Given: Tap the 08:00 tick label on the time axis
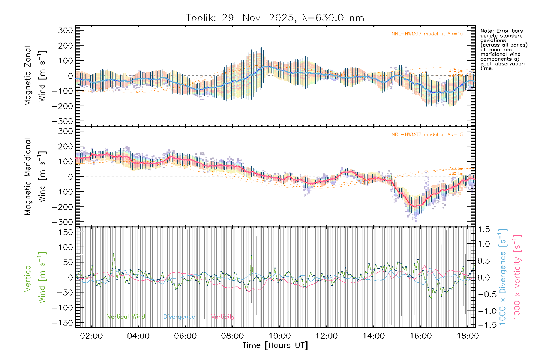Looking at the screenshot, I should coord(232,336).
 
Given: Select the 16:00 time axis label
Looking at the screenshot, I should coord(420,336).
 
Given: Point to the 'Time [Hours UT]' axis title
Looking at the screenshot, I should coord(275,346).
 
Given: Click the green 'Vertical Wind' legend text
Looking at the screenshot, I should coord(126,317).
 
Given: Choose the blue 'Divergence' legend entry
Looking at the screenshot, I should coord(179,317).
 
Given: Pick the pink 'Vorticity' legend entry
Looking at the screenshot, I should coord(223,317).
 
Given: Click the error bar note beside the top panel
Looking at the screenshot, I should coord(503,49).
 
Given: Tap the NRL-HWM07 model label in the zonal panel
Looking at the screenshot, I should coord(427,34).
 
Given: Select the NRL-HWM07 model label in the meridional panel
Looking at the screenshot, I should coord(427,135).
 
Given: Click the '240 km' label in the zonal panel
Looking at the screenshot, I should coord(456,70).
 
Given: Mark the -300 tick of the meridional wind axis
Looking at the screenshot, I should coord(63,222).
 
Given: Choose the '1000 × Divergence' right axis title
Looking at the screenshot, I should coord(503,277).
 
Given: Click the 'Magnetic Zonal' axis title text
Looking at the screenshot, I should coord(28,76).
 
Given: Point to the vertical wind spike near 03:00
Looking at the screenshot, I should coord(113,253).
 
